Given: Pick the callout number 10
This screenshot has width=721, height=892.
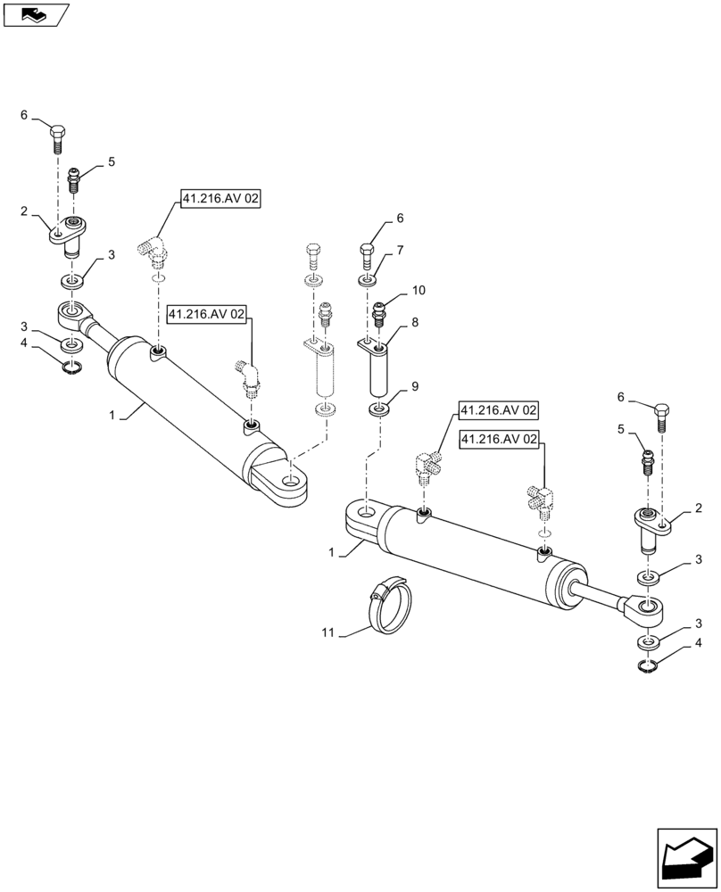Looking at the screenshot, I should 418,292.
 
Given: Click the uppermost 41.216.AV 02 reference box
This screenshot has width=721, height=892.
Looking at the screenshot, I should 220,200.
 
